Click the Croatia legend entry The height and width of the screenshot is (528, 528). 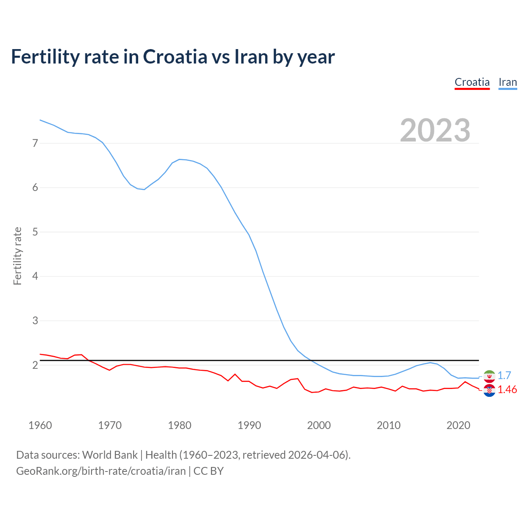pyautogui.click(x=472, y=82)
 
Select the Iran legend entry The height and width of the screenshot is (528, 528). pyautogui.click(x=507, y=82)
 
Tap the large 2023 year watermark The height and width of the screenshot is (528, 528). pyautogui.click(x=435, y=130)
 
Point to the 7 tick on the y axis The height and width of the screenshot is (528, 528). pyautogui.click(x=35, y=143)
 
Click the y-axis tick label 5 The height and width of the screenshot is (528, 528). pyautogui.click(x=35, y=232)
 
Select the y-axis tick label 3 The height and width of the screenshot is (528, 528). pyautogui.click(x=35, y=321)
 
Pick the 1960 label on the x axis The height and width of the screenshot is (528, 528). pyautogui.click(x=40, y=425)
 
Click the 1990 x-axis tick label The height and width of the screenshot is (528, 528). pyautogui.click(x=249, y=425)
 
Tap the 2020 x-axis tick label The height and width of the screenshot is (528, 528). pyautogui.click(x=458, y=425)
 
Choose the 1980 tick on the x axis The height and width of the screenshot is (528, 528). pyautogui.click(x=179, y=425)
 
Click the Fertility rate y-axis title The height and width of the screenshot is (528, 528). pyautogui.click(x=17, y=256)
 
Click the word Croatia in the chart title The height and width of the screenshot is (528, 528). pyautogui.click(x=175, y=57)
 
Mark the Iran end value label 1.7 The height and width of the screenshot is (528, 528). pyautogui.click(x=504, y=375)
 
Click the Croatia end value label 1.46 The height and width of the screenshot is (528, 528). pyautogui.click(x=507, y=390)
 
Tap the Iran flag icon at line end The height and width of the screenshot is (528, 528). pyautogui.click(x=489, y=376)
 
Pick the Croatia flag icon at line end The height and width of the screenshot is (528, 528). pyautogui.click(x=489, y=390)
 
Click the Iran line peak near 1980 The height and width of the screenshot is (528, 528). pyautogui.click(x=179, y=159)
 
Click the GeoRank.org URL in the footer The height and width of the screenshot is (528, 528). pyautogui.click(x=101, y=471)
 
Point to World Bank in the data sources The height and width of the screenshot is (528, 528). pyautogui.click(x=110, y=455)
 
